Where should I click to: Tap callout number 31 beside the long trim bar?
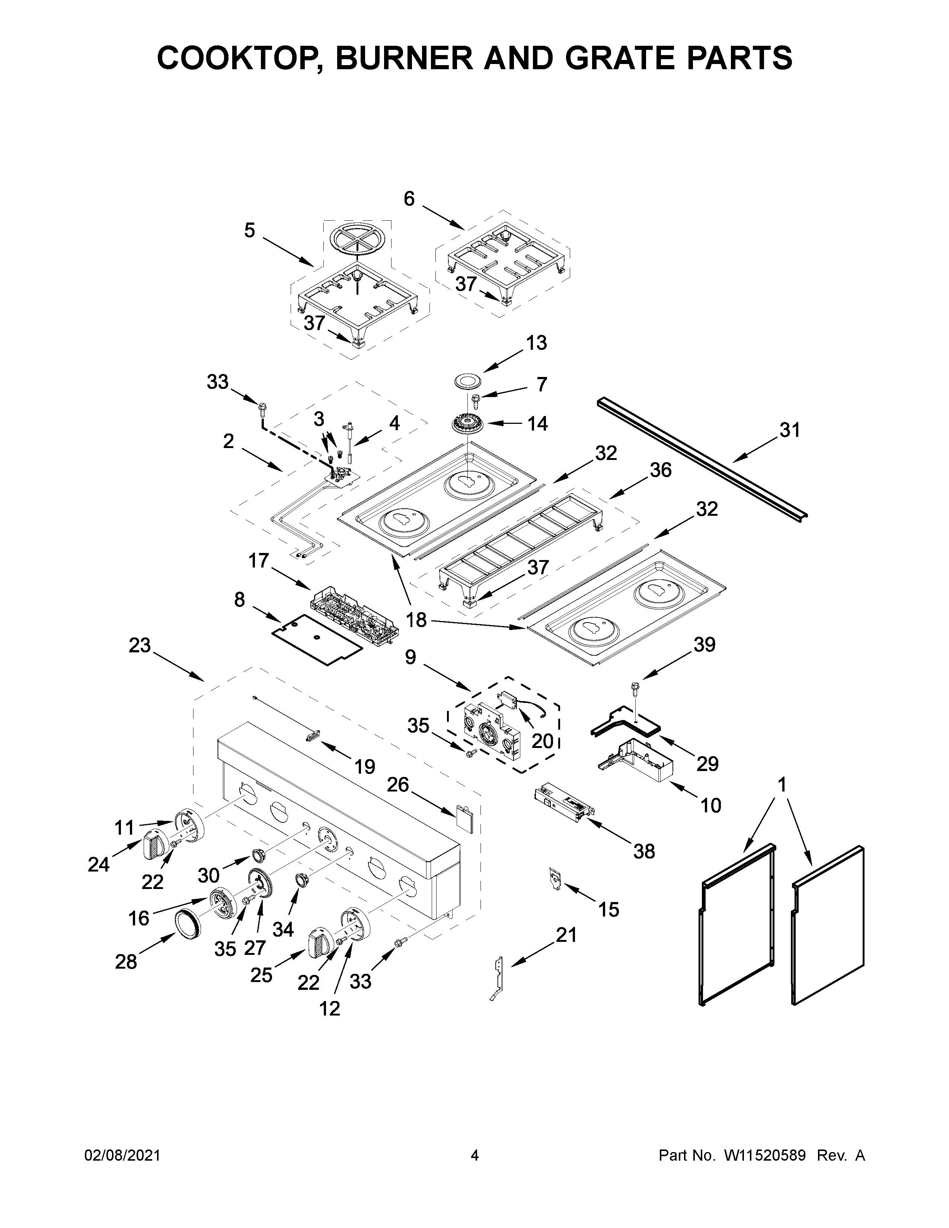[x=789, y=430]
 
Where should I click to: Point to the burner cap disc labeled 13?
[x=466, y=380]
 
